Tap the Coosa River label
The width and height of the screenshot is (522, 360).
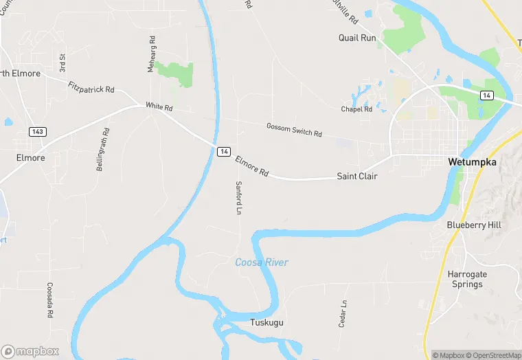(x=262, y=262)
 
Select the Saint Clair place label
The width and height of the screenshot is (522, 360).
(x=356, y=177)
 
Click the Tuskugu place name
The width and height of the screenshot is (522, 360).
(x=266, y=322)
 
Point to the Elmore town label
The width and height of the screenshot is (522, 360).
(x=30, y=157)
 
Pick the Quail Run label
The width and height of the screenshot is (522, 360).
(x=357, y=38)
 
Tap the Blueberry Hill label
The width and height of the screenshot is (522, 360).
(x=473, y=225)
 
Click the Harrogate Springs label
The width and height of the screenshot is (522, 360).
(x=467, y=279)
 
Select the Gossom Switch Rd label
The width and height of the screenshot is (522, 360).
(x=294, y=129)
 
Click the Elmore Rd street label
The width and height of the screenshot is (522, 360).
(x=251, y=165)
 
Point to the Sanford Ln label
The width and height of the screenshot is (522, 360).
(x=239, y=197)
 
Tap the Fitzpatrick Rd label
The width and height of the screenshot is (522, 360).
(x=91, y=89)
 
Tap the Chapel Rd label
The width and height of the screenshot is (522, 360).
(x=356, y=109)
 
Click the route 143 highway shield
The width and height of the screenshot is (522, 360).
(x=37, y=131)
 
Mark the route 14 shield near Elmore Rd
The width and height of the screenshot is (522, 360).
(x=223, y=151)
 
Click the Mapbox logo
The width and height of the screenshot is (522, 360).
(x=30, y=351)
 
